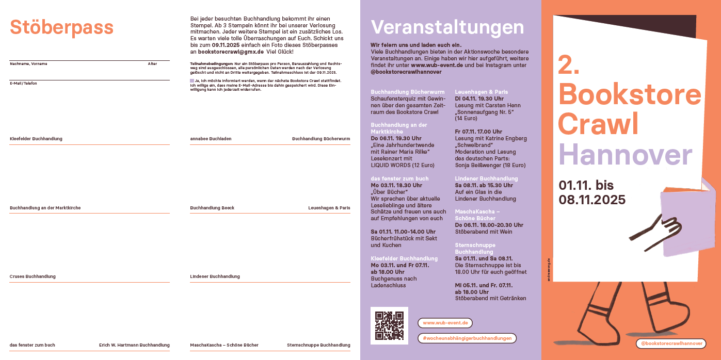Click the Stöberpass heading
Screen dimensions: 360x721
pyautogui.click(x=61, y=27)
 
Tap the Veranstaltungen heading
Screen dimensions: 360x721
pyautogui.click(x=447, y=27)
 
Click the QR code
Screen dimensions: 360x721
pyautogui.click(x=389, y=325)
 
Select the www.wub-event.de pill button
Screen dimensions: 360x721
pyautogui.click(x=445, y=323)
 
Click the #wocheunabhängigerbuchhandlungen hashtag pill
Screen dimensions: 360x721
pyautogui.click(x=467, y=338)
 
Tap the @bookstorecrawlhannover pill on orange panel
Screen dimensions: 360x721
pyautogui.click(x=671, y=343)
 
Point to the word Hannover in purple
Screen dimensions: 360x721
pyautogui.click(x=625, y=154)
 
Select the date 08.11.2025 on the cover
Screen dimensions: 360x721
pyautogui.click(x=592, y=200)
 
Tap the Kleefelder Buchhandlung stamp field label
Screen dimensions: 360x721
pyautogui.click(x=36, y=139)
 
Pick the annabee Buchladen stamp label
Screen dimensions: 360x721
pyautogui.click(x=211, y=139)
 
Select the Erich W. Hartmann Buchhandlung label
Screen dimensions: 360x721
pyautogui.click(x=134, y=345)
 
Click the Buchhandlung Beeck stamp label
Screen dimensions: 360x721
pyautogui.click(x=212, y=208)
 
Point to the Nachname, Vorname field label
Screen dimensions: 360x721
pyautogui.click(x=28, y=64)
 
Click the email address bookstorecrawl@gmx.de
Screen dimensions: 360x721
pyautogui.click(x=231, y=52)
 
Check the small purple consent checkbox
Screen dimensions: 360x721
pyautogui.click(x=192, y=81)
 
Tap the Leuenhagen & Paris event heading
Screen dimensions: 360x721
pyautogui.click(x=481, y=92)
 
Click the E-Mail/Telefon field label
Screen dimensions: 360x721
pyautogui.click(x=23, y=84)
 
